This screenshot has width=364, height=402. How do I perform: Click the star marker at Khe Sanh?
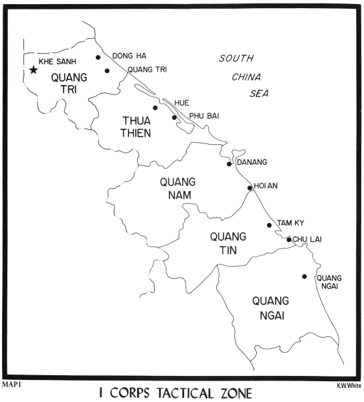[x=33, y=69]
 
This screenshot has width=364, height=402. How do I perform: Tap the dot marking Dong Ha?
[x=98, y=58]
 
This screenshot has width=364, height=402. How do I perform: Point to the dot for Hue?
[x=155, y=107]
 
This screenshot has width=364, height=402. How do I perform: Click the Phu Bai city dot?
[x=175, y=118]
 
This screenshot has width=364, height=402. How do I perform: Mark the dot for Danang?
[x=229, y=163]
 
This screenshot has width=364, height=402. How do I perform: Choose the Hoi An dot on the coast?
[x=250, y=188]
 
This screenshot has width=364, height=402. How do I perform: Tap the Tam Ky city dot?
[x=270, y=225]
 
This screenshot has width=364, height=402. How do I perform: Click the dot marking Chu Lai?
[x=289, y=239]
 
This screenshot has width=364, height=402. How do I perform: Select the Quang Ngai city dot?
[x=304, y=276]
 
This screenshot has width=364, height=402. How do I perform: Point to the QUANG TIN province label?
[x=227, y=244]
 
